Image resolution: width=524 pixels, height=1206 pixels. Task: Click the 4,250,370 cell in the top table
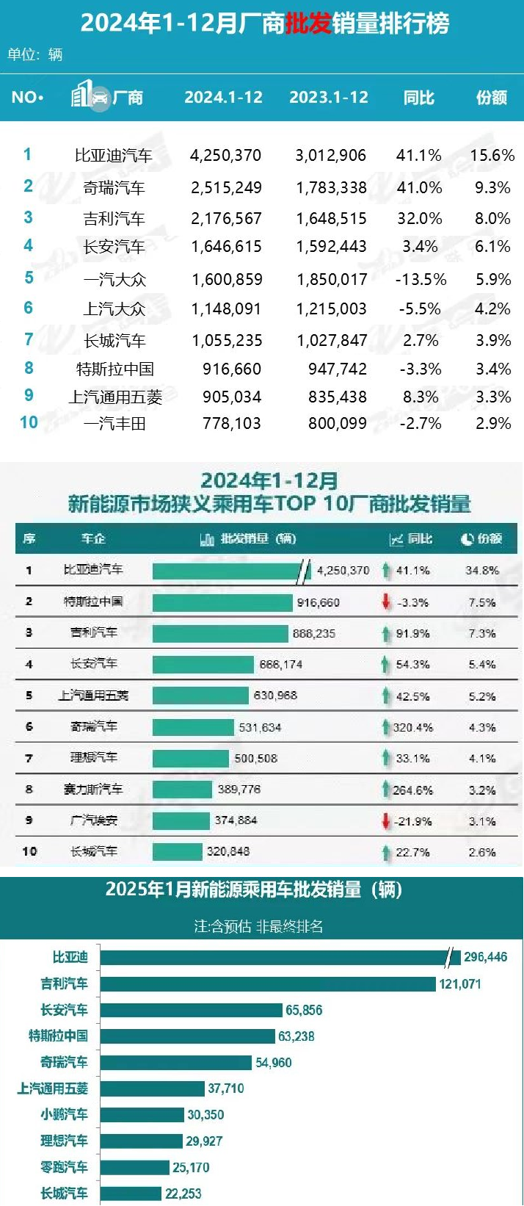[x=225, y=156]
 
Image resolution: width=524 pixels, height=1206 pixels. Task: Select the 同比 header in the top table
[x=419, y=98]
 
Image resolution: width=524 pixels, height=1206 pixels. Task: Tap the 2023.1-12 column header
[x=329, y=98]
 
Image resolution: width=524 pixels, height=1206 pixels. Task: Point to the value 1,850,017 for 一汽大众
[x=332, y=279]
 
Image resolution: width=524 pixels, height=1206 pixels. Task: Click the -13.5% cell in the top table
[x=421, y=279]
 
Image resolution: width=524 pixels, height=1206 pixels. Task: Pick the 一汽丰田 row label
[x=114, y=423]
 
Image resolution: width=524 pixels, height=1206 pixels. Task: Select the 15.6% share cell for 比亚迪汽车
[x=492, y=156]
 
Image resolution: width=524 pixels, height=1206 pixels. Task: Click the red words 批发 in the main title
[x=308, y=24]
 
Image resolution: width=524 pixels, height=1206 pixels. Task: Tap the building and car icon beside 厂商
[x=90, y=96]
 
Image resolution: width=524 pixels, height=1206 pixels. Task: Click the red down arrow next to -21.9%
[x=386, y=821]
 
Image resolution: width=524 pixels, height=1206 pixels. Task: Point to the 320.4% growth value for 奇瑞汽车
[x=412, y=728]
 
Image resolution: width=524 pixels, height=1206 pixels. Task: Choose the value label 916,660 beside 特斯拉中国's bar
[x=318, y=603]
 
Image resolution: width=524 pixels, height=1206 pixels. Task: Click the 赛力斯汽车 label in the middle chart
[x=93, y=790]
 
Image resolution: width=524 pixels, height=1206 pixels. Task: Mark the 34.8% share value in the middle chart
[x=482, y=571]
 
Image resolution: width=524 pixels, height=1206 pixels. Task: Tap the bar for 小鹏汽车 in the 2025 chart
[x=142, y=1115]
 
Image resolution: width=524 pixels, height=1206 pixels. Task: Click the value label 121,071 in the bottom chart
[x=460, y=984]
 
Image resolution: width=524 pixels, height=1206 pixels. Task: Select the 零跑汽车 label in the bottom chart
[x=64, y=1167]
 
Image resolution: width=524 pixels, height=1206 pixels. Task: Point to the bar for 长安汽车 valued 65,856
[x=191, y=1011]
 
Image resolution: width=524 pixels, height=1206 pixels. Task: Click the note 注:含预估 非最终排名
[x=258, y=927]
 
